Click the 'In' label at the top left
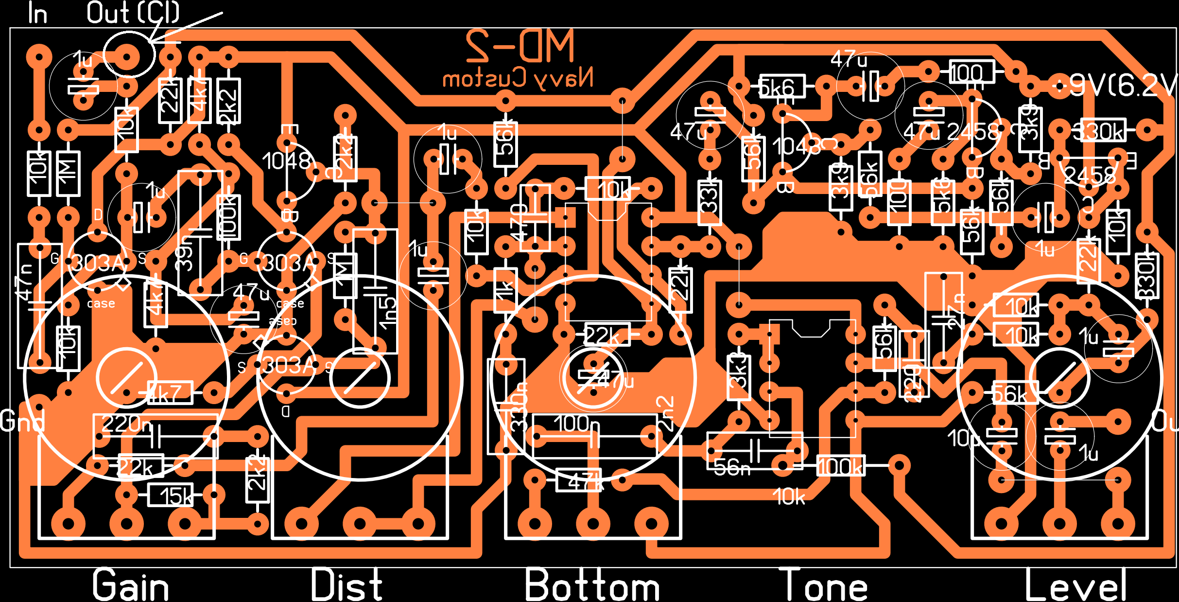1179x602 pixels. coord(37,14)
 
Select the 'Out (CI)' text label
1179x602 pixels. coord(133,13)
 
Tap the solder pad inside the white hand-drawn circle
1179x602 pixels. coord(127,57)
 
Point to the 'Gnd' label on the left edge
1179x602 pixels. coord(22,421)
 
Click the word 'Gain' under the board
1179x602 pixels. coord(131,585)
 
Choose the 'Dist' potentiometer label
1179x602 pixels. coord(347,585)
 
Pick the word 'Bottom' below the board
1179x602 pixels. coord(592,585)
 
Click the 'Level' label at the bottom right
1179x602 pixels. coord(1075,585)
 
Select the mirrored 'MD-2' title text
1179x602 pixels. coord(520,46)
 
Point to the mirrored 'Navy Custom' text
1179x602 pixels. coord(518,78)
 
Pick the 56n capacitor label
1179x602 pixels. coord(732,468)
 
